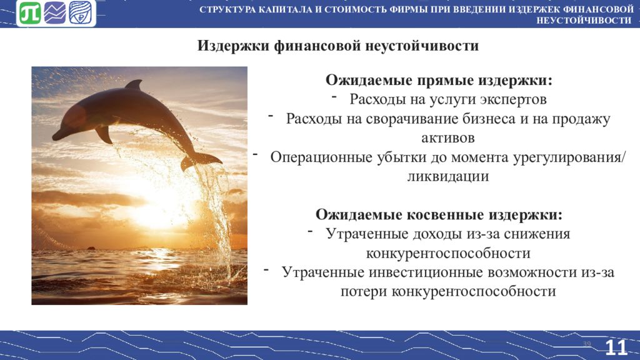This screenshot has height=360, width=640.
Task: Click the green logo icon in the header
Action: tap(30, 13)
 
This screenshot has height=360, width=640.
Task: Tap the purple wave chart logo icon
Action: tap(55, 13)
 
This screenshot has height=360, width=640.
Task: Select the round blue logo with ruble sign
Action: tap(81, 12)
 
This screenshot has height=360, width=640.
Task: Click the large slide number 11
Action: tap(616, 347)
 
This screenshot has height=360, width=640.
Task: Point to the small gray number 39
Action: tap(587, 344)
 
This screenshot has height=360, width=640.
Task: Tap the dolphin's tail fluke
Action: tap(200, 161)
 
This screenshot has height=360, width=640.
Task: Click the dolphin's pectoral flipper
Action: tap(104, 134)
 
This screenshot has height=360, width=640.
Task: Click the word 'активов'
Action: tap(448, 137)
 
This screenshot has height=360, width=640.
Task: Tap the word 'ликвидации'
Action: tap(448, 176)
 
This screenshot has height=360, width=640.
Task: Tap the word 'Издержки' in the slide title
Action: tap(234, 45)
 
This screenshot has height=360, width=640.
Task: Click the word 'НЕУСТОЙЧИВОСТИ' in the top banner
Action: tap(584, 21)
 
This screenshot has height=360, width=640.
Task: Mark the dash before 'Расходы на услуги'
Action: tap(334, 97)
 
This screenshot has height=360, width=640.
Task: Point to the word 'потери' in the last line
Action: tap(364, 291)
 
